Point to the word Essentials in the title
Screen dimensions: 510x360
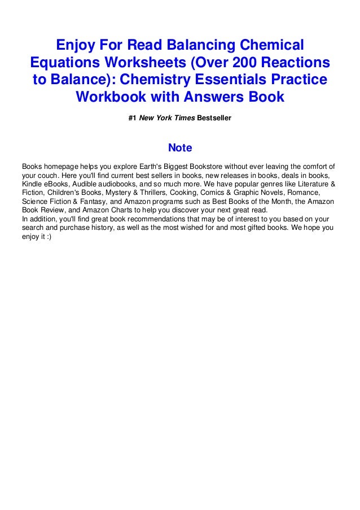point(233,80)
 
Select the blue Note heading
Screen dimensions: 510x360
point(180,149)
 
